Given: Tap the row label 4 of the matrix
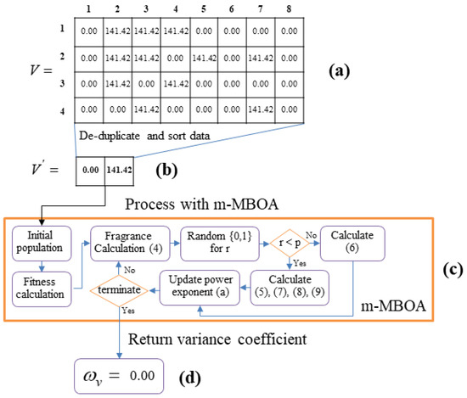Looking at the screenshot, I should (62, 109).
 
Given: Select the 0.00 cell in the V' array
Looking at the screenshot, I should (91, 169).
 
